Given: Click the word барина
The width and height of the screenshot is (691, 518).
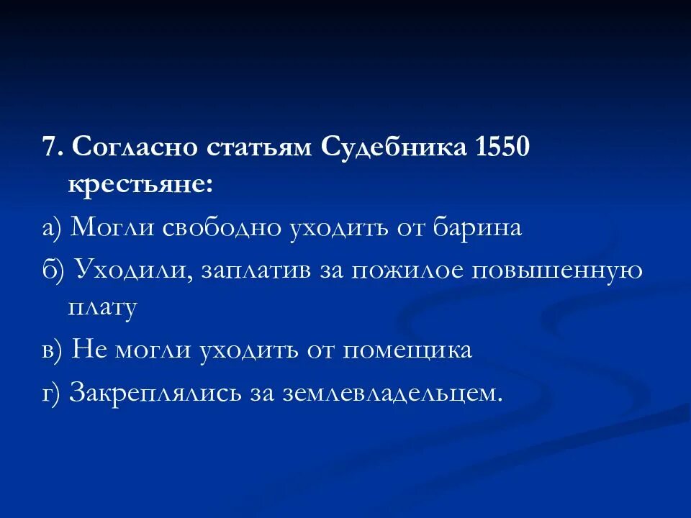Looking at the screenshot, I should click(477, 228).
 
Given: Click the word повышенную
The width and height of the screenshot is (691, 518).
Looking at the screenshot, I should click(558, 271).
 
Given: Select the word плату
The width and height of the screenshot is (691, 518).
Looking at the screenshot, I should click(102, 307).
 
